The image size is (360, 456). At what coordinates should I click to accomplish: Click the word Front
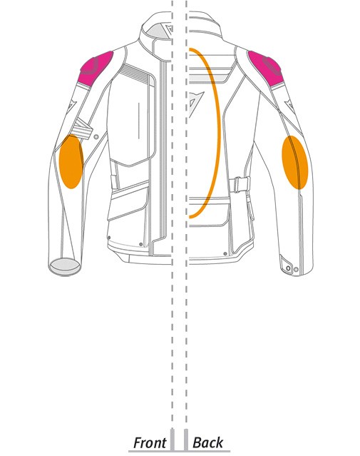pyautogui.click(x=149, y=443)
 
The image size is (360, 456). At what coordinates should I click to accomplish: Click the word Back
pyautogui.click(x=207, y=442)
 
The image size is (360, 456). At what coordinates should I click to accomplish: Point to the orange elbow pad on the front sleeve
pyautogui.click(x=71, y=162)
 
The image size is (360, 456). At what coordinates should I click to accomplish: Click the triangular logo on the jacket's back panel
pyautogui.click(x=195, y=104)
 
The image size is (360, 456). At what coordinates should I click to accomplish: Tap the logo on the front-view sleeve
pyautogui.click(x=71, y=106)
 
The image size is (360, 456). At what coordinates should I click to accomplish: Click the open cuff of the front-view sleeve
pyautogui.click(x=65, y=265)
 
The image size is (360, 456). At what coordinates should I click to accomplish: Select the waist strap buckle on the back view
pyautogui.click(x=240, y=184)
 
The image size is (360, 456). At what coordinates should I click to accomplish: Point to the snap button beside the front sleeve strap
pyautogui.click(x=96, y=136)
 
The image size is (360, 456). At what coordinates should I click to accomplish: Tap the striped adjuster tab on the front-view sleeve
pyautogui.click(x=82, y=128)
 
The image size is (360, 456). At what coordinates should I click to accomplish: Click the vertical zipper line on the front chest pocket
pyautogui.click(x=138, y=120)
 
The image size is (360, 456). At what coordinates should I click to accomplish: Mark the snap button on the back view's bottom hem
pyautogui.click(x=225, y=253)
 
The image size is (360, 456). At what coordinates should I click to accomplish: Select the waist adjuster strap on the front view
pyautogui.click(x=115, y=182)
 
